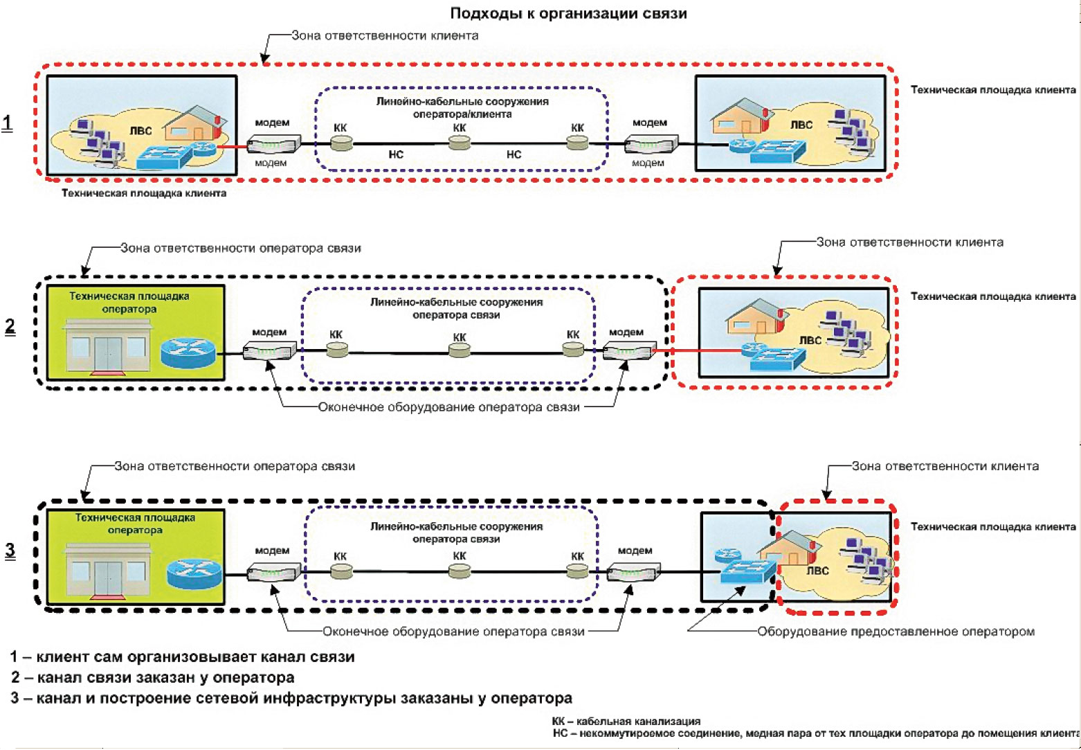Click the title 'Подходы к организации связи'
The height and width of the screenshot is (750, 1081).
pyautogui.click(x=568, y=13)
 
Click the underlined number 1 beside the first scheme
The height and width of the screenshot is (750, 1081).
pyautogui.click(x=8, y=123)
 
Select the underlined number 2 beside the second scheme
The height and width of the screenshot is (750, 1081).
pyautogui.click(x=10, y=326)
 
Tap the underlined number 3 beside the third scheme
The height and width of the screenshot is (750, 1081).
pyautogui.click(x=10, y=550)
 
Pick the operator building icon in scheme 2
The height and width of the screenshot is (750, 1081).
pyautogui.click(x=107, y=346)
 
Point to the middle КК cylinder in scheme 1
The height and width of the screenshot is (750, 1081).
pyautogui.click(x=459, y=143)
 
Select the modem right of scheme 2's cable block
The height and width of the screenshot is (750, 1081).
pyautogui.click(x=625, y=351)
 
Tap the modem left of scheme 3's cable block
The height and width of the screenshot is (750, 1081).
pyautogui.click(x=273, y=573)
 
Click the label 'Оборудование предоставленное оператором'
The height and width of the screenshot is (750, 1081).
pyautogui.click(x=896, y=632)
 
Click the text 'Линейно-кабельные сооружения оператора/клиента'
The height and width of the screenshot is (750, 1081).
pyautogui.click(x=462, y=107)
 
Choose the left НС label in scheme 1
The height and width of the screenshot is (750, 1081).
pyautogui.click(x=396, y=154)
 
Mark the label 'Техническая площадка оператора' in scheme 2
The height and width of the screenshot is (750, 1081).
pyautogui.click(x=129, y=303)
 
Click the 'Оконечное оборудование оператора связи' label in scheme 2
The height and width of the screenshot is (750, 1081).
pyautogui.click(x=448, y=407)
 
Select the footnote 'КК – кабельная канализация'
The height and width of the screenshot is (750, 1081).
pyautogui.click(x=626, y=721)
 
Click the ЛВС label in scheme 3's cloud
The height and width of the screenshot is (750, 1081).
pyautogui.click(x=817, y=571)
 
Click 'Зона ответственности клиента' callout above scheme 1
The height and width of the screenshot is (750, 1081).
pyautogui.click(x=385, y=35)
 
